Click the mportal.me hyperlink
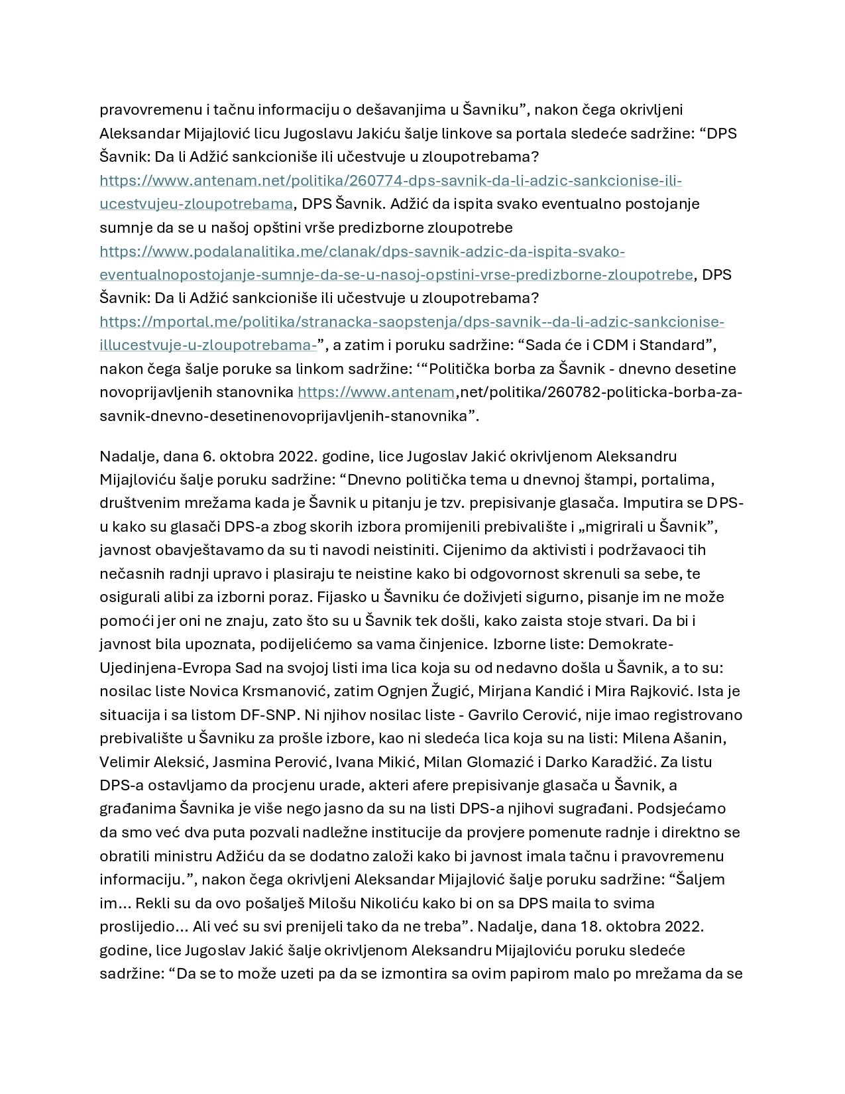(x=411, y=322)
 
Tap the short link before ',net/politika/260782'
(x=376, y=393)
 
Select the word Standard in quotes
(x=675, y=345)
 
